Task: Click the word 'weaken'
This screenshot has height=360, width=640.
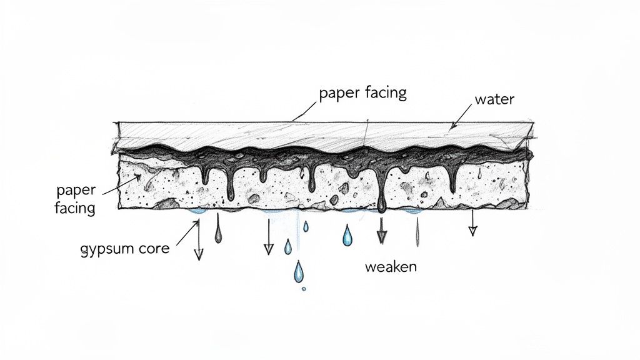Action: [x=390, y=267]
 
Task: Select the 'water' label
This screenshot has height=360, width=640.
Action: [x=494, y=99]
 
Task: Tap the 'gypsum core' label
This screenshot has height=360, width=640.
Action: [x=125, y=248]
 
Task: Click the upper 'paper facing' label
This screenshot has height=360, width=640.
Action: [x=362, y=93]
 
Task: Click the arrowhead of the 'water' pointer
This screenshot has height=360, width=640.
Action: [x=454, y=126]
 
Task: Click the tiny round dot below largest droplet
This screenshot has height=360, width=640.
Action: [x=304, y=289]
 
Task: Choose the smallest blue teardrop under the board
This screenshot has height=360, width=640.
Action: [x=306, y=226]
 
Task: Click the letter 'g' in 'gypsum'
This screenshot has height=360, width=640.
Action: [x=84, y=250]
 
